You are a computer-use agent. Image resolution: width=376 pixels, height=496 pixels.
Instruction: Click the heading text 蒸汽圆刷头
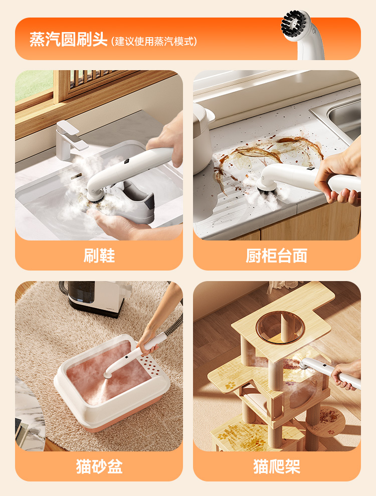(x=69, y=40)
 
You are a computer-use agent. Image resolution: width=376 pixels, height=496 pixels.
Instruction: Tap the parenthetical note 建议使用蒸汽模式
(x=154, y=42)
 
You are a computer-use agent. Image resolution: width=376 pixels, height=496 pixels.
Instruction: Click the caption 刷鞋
(x=99, y=256)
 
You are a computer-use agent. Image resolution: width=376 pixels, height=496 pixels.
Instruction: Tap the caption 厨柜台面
(x=277, y=256)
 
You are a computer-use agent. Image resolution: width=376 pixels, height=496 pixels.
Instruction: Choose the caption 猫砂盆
(x=99, y=466)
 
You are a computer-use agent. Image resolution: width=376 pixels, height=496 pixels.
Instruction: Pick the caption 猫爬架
(x=277, y=466)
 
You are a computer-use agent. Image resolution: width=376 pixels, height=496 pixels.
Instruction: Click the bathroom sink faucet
(x=70, y=140)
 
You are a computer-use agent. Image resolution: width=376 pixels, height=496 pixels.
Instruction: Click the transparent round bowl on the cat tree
(x=280, y=328)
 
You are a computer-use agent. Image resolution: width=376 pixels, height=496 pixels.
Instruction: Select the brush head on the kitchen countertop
(x=265, y=188)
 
